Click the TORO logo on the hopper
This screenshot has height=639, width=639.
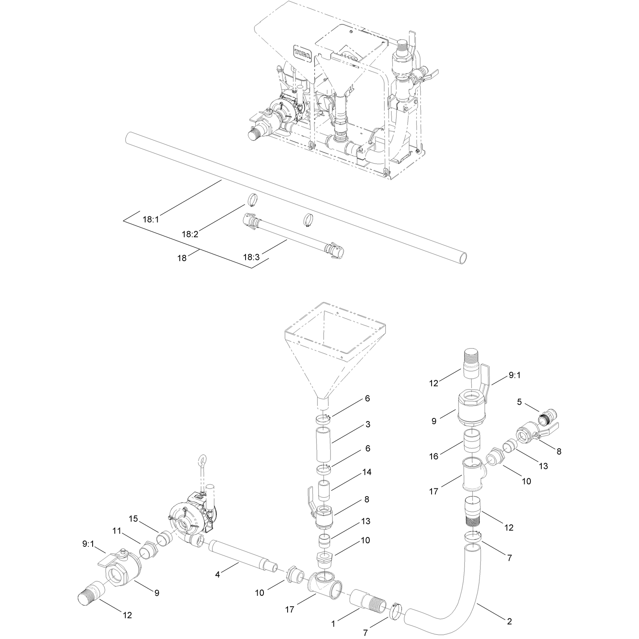(x=303, y=53)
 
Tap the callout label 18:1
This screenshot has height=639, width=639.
(x=151, y=219)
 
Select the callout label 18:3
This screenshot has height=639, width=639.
(x=251, y=257)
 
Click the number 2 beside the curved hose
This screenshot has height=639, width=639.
(x=509, y=621)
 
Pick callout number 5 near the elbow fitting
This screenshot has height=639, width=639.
(x=520, y=402)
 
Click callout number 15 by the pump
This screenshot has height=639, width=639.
(x=133, y=519)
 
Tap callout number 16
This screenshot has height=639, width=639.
(x=434, y=456)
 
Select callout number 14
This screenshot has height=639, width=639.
(x=367, y=472)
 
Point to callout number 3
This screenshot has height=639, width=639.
(x=367, y=424)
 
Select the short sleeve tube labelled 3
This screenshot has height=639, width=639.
(x=323, y=443)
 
